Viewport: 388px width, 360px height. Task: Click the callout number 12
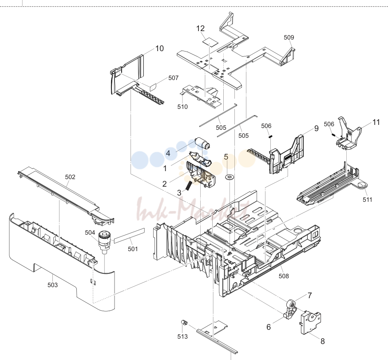pyautogui.click(x=200, y=28)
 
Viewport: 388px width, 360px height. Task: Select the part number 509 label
pyautogui.click(x=289, y=37)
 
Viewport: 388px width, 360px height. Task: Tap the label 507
pyautogui.click(x=174, y=78)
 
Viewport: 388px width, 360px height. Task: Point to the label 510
pyautogui.click(x=182, y=107)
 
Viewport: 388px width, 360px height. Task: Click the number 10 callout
pyautogui.click(x=160, y=48)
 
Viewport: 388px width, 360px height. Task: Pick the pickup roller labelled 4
pyautogui.click(x=203, y=143)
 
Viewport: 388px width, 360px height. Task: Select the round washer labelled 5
pyautogui.click(x=230, y=177)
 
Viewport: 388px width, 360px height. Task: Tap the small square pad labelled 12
pyautogui.click(x=210, y=42)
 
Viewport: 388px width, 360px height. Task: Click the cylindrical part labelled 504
pyautogui.click(x=104, y=241)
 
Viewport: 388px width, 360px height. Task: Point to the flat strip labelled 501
pyautogui.click(x=129, y=235)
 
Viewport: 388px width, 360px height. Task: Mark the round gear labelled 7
pyautogui.click(x=291, y=304)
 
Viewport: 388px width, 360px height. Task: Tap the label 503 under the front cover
pyautogui.click(x=53, y=285)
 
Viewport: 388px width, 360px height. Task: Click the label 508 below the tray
pyautogui.click(x=284, y=276)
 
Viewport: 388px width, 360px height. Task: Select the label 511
pyautogui.click(x=368, y=200)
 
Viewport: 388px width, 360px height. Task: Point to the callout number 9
pyautogui.click(x=317, y=128)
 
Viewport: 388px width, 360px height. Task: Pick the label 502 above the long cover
pyautogui.click(x=70, y=177)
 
